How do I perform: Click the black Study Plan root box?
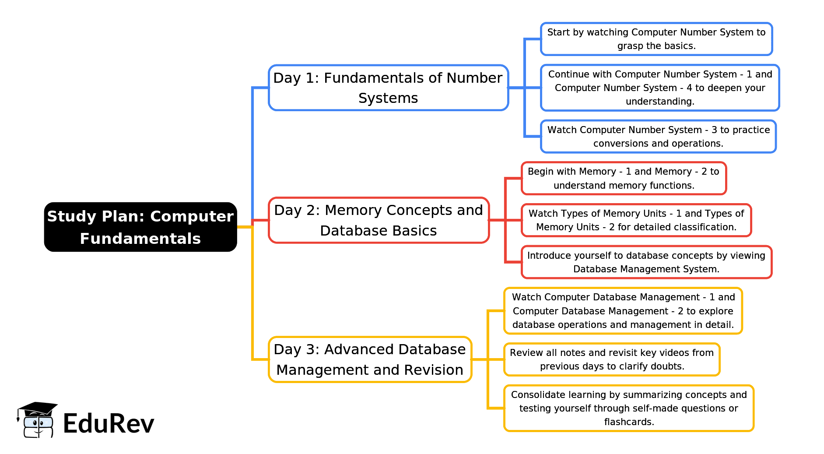click(x=140, y=227)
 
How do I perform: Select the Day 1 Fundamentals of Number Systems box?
click(x=388, y=88)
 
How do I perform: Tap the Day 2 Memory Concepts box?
click(x=379, y=220)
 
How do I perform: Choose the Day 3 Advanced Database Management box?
click(x=370, y=359)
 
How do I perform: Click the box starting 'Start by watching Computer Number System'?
click(x=656, y=39)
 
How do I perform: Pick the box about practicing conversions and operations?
click(x=658, y=137)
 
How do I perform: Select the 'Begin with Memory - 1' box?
click(x=624, y=178)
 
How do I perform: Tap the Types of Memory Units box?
click(x=636, y=220)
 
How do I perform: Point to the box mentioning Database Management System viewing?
click(x=646, y=262)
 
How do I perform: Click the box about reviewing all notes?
click(x=612, y=359)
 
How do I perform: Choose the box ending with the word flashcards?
click(x=629, y=408)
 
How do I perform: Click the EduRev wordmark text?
click(x=109, y=423)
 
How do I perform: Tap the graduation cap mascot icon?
click(x=37, y=420)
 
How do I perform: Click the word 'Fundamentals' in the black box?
click(x=140, y=239)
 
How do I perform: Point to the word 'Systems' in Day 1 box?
click(x=388, y=98)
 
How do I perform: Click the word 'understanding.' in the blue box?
click(x=660, y=102)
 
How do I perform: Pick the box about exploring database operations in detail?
click(x=623, y=311)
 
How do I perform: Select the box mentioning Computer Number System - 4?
click(x=660, y=88)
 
